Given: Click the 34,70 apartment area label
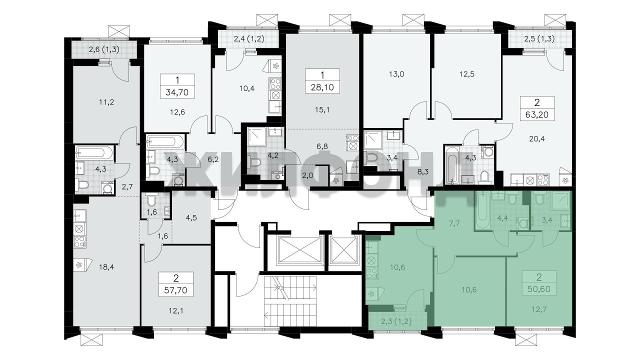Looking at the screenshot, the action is (177, 92).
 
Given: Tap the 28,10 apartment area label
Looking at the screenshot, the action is (322, 87).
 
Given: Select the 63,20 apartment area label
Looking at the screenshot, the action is (537, 115).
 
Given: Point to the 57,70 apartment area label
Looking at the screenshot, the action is (176, 290).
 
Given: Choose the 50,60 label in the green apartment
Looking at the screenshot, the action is (539, 289).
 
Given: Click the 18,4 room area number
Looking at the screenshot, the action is (106, 267).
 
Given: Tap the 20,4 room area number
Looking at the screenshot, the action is (537, 139).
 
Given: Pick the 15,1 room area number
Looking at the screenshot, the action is (322, 109).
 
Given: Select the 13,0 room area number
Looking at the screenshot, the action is (396, 74).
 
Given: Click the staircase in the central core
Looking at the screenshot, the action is (290, 301).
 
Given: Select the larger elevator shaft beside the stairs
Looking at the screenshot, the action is (299, 249).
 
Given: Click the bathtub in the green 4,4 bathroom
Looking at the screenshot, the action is (482, 210).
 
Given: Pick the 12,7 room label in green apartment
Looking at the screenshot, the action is (539, 309).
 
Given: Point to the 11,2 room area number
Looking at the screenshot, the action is (106, 102).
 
